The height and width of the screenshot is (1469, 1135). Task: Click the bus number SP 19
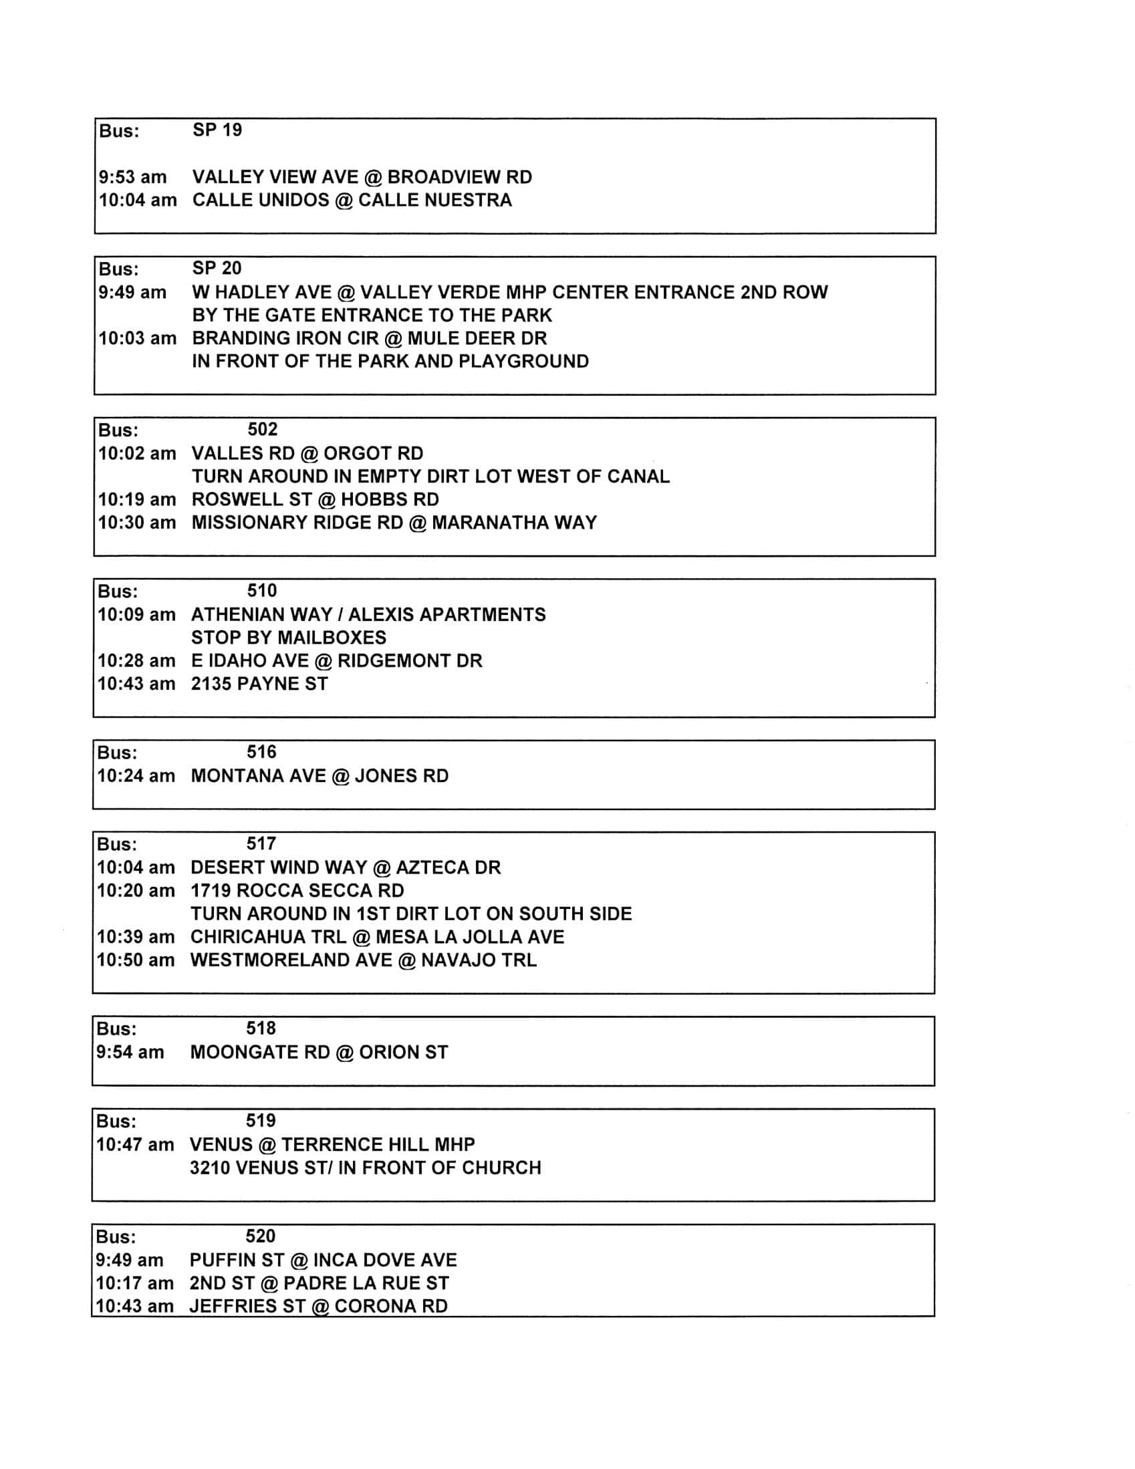tap(217, 130)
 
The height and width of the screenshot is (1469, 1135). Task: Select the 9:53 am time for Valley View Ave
tap(132, 177)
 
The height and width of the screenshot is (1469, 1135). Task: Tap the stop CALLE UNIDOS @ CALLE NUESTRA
tap(352, 200)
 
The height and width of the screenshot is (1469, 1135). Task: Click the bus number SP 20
tap(217, 269)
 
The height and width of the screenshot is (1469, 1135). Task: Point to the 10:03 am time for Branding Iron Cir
tap(137, 338)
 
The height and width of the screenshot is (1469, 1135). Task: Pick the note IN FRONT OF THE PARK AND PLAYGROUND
tap(390, 361)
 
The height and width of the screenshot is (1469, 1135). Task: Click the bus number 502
tap(263, 429)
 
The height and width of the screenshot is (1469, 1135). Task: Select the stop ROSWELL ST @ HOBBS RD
tap(315, 499)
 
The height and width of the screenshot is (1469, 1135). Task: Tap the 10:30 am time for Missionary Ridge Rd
tap(136, 523)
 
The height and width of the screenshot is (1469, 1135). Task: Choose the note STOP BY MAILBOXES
tap(289, 637)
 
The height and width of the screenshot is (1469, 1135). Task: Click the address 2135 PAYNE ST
tap(259, 684)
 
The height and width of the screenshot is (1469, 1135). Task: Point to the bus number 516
tap(261, 752)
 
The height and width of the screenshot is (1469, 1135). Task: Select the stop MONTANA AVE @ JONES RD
tap(320, 775)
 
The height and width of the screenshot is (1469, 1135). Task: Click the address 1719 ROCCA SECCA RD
tap(297, 890)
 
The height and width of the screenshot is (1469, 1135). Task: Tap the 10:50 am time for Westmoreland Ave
tap(135, 960)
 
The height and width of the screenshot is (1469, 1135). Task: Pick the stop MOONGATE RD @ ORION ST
tap(319, 1052)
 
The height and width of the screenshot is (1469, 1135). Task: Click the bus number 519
tap(261, 1120)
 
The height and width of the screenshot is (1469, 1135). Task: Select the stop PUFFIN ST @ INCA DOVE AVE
tap(323, 1260)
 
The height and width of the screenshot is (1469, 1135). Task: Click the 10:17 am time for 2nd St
tap(134, 1283)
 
